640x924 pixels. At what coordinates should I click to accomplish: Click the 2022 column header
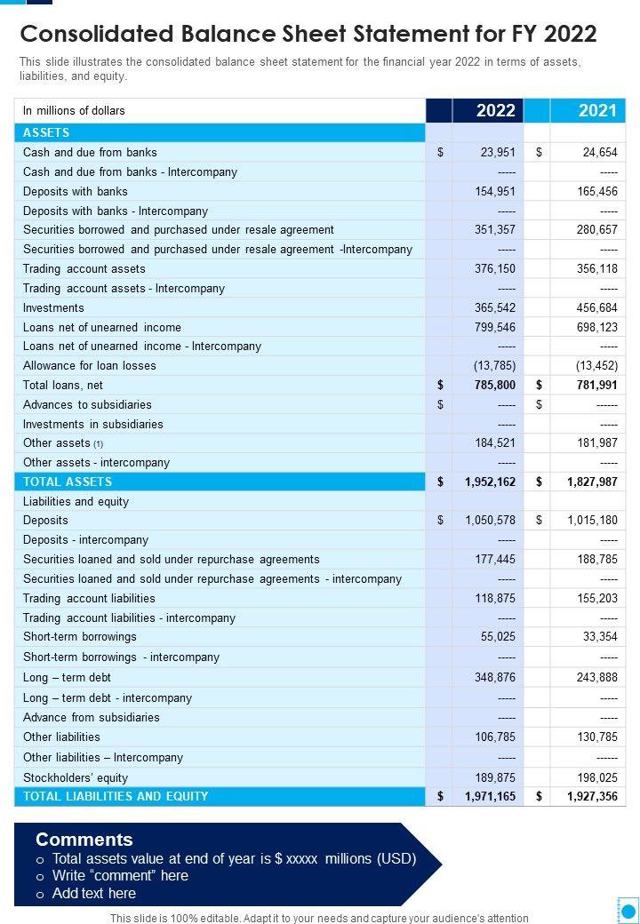pyautogui.click(x=495, y=110)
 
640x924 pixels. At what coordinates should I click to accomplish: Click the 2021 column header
pyautogui.click(x=596, y=110)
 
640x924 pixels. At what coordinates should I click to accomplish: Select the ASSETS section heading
pyautogui.click(x=46, y=132)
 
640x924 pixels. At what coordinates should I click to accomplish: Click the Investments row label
pyautogui.click(x=53, y=308)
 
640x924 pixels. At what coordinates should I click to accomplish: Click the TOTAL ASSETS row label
pyautogui.click(x=68, y=482)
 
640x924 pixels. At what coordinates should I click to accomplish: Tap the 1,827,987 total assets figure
pyautogui.click(x=592, y=482)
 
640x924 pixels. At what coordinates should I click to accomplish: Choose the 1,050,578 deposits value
pyautogui.click(x=490, y=521)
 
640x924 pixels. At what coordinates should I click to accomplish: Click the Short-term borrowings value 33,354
pyautogui.click(x=600, y=637)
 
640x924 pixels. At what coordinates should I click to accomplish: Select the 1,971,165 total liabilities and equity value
pyautogui.click(x=490, y=797)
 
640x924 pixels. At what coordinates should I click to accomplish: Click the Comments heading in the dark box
pyautogui.click(x=84, y=840)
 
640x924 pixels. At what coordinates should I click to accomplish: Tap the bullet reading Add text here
pyautogui.click(x=93, y=893)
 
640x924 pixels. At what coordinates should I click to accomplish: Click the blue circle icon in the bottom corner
pyautogui.click(x=628, y=910)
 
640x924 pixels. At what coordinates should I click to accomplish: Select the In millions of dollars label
pyautogui.click(x=74, y=111)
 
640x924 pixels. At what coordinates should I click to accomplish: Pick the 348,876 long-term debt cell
pyautogui.click(x=495, y=678)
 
